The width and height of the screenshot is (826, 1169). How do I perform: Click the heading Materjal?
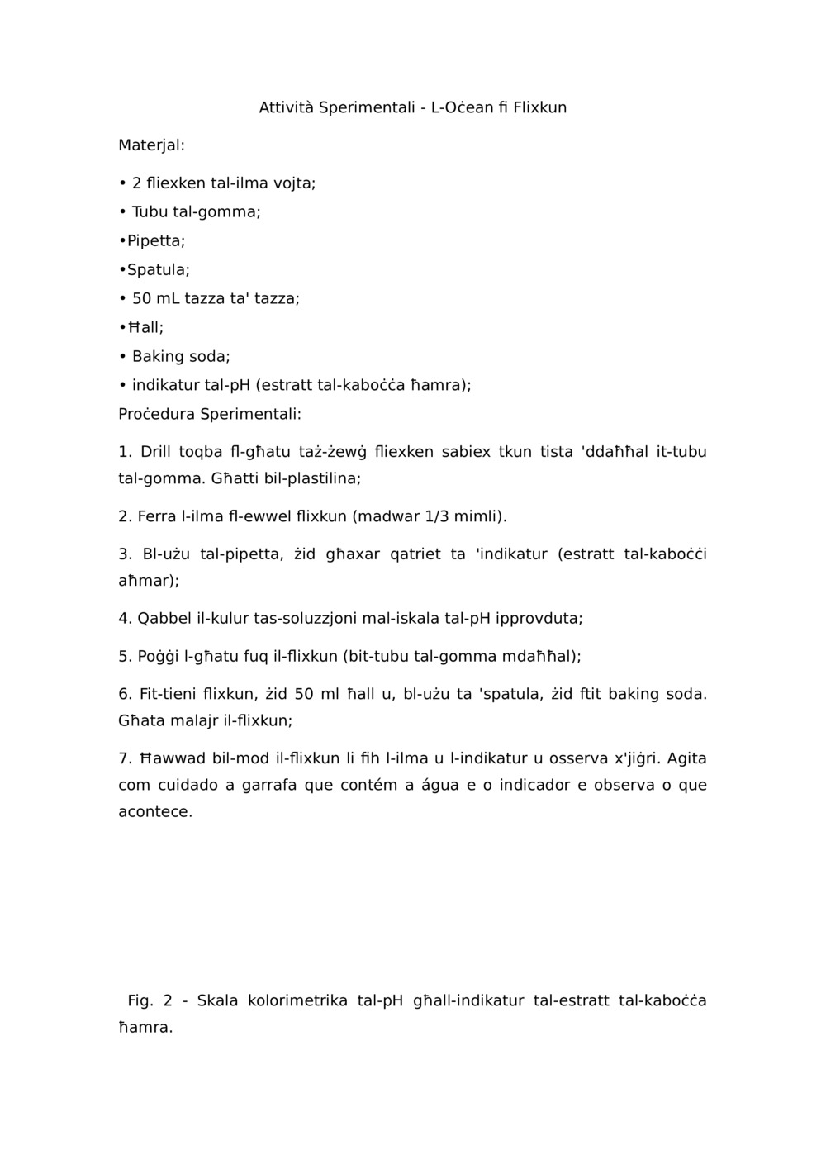151,145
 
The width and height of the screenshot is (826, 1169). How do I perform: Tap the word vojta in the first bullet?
294,183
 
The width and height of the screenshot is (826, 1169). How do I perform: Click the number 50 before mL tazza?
141,299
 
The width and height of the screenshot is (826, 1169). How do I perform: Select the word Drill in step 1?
156,452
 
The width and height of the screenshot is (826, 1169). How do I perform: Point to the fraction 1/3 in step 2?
437,517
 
